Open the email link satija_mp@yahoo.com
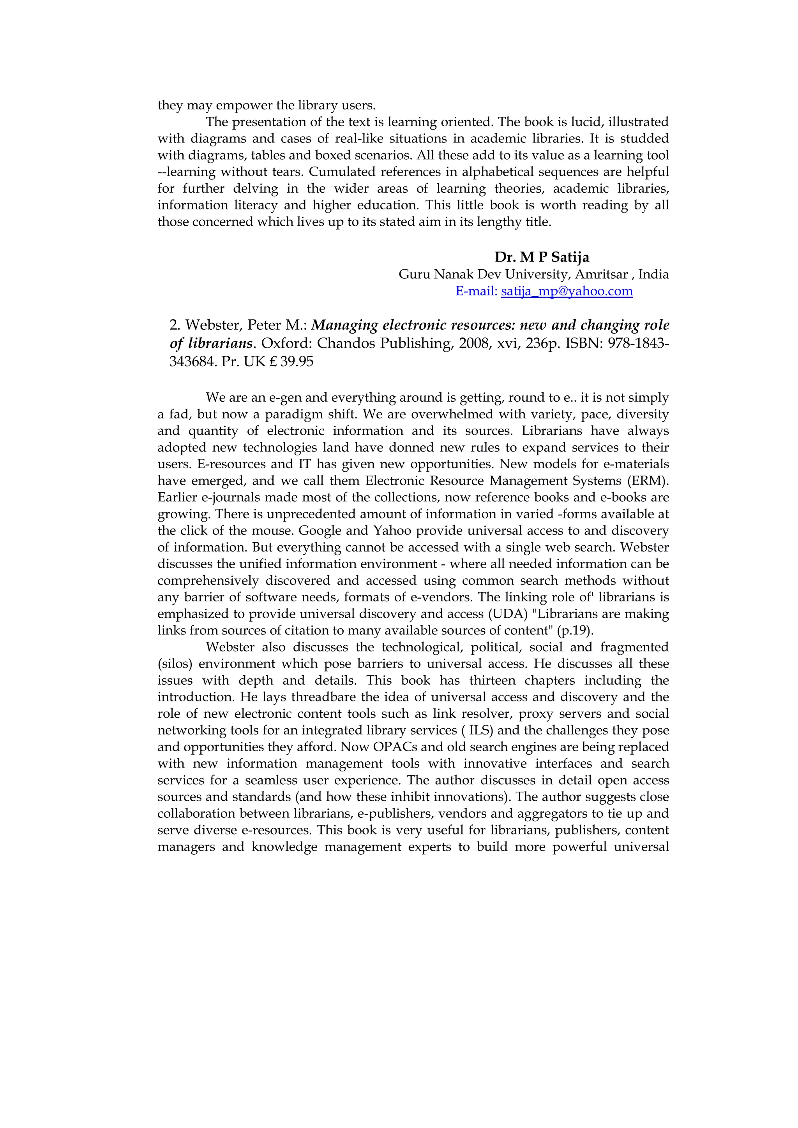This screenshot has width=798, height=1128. [567, 291]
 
